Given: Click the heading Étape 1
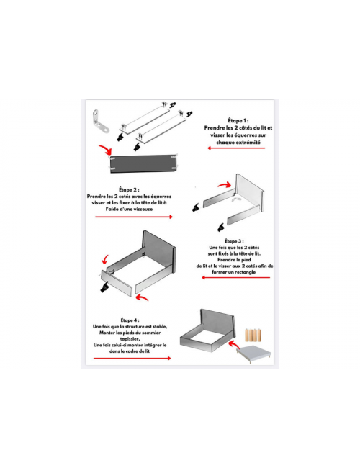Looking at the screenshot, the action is coord(238,120).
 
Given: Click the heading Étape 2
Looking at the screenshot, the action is coord(129,189).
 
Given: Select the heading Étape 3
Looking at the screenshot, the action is coord(234,241).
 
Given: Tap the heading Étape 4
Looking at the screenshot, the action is coord(130,320).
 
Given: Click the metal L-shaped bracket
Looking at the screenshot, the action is coord(99,122).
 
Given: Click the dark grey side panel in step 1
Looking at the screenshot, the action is coord(143,163).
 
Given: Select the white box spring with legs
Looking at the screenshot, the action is coord(254,354).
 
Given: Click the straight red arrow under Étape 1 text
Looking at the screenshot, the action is coord(236,148).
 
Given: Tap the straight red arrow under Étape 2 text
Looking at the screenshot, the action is coord(134,217).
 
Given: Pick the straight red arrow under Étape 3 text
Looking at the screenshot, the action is coord(235,278).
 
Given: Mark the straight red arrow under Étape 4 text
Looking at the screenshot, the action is coord(132,358).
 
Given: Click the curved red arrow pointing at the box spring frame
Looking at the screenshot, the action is coord(233,344).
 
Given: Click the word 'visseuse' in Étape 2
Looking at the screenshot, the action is coord(143,209).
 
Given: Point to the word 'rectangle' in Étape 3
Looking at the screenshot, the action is coord(245,272).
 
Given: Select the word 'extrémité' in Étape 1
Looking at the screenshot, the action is coord(249,143).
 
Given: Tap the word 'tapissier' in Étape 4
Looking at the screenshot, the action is coord(130,339).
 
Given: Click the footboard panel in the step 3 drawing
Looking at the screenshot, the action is coord(117,283).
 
